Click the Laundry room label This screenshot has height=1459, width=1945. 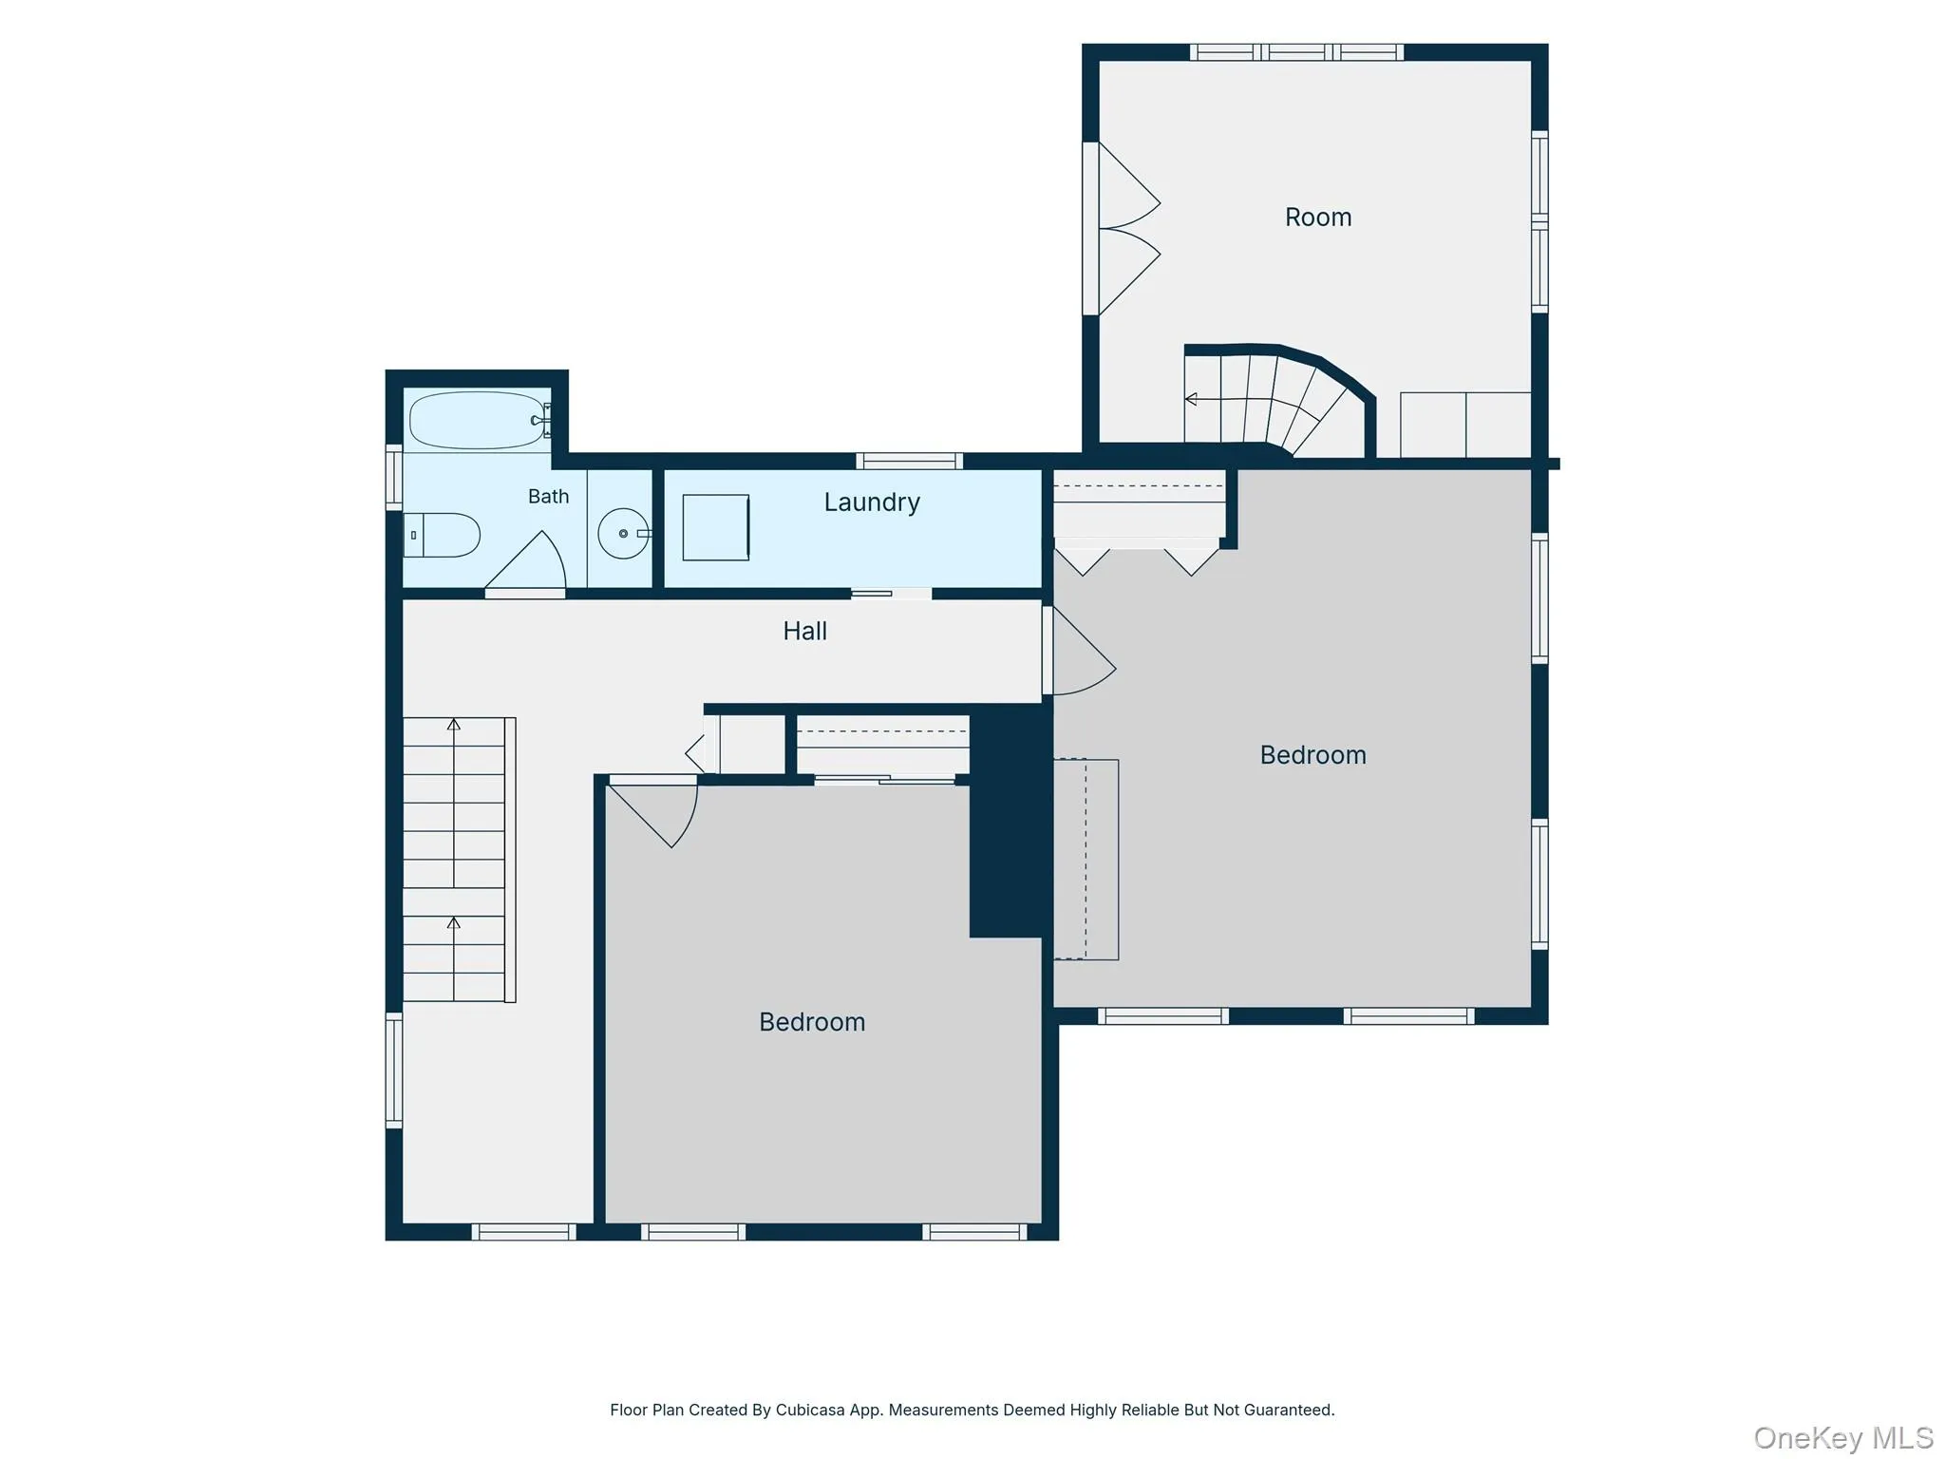tap(872, 502)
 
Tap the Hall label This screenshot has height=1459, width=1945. tap(804, 631)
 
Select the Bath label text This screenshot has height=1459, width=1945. tap(548, 496)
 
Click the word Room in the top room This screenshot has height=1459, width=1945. tap(1318, 218)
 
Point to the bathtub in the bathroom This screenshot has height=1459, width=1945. tap(478, 420)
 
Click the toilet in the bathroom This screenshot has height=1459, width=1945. tap(442, 535)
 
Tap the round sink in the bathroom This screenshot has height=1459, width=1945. tap(624, 534)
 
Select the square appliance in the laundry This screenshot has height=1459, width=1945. tap(716, 527)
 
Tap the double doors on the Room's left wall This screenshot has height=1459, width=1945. tap(1123, 229)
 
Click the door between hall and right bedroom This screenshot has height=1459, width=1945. tap(1080, 652)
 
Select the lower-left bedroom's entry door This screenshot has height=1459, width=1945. tap(653, 810)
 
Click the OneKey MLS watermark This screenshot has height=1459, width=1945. tap(1843, 1438)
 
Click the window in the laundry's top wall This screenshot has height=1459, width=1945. tap(910, 462)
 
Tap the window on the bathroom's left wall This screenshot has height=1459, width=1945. tap(393, 477)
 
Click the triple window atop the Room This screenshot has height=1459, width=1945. tap(1297, 52)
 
